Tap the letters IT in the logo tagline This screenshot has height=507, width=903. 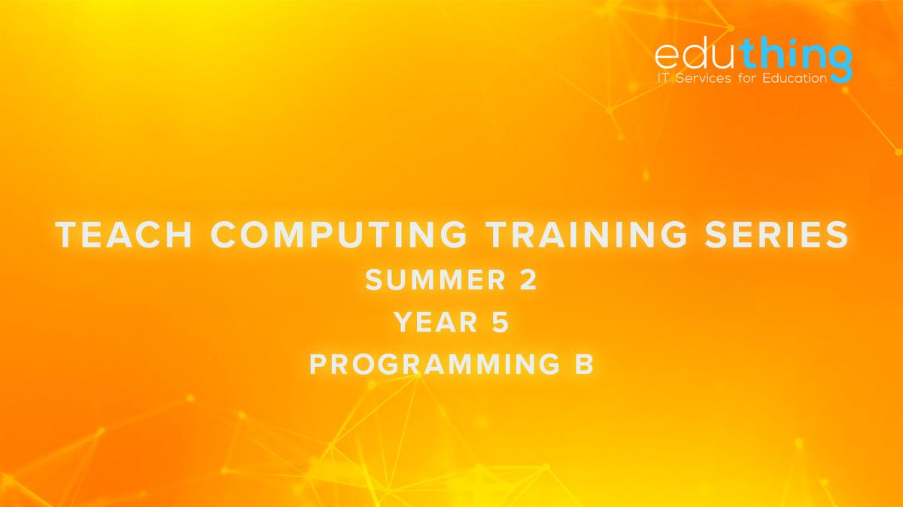point(664,77)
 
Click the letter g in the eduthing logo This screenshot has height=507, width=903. point(840,60)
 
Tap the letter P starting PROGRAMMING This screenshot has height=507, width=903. point(319,364)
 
